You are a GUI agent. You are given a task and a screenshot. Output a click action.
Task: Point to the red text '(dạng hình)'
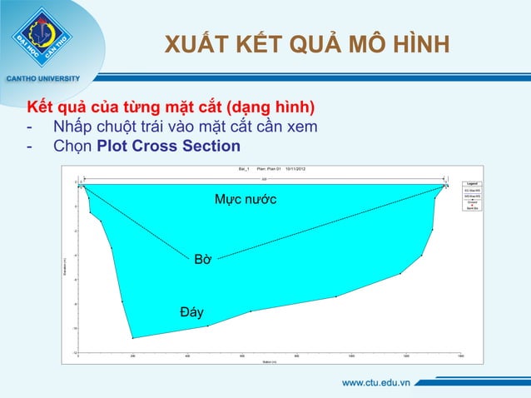(x=271, y=109)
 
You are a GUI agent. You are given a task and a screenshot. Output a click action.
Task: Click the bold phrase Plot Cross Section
(x=169, y=147)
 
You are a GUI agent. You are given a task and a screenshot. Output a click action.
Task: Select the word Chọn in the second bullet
(x=72, y=147)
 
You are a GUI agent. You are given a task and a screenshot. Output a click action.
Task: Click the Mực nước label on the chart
(x=246, y=200)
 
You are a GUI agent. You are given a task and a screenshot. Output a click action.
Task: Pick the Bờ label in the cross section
(x=201, y=260)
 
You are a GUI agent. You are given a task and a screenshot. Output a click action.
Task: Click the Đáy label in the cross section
(x=192, y=312)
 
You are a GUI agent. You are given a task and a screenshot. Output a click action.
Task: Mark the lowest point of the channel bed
(x=132, y=338)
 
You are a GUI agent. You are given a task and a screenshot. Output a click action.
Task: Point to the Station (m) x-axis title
(x=268, y=361)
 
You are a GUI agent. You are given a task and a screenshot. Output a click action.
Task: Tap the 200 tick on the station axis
(x=132, y=356)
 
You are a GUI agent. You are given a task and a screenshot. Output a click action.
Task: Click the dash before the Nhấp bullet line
(x=30, y=128)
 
